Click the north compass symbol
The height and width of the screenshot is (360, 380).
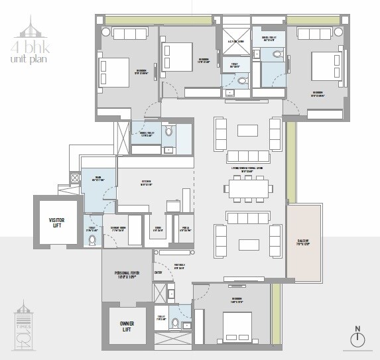click(357, 337)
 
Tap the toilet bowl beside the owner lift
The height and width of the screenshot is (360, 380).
click(176, 324)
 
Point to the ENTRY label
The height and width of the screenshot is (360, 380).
click(158, 272)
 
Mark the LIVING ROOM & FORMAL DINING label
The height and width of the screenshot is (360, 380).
click(247, 171)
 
